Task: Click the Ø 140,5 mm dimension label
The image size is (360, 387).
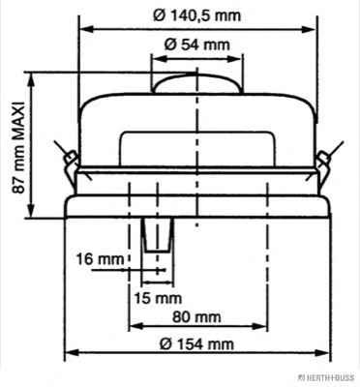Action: point(197,15)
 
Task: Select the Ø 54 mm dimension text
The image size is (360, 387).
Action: point(197,45)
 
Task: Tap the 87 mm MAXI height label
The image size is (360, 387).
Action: point(18,148)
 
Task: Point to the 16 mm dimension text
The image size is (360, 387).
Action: point(100,259)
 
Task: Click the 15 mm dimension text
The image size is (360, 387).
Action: point(158,298)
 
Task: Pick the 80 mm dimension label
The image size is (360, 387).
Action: point(196,316)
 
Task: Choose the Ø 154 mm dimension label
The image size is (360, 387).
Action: point(196,344)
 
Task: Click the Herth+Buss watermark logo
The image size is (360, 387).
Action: point(326,377)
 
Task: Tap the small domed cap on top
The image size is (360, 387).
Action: point(197,83)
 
